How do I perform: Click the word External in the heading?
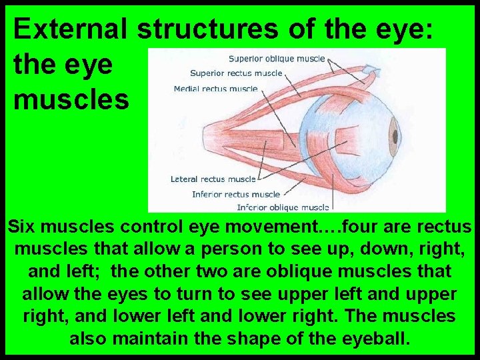click(x=71, y=29)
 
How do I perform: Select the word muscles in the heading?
click(x=71, y=99)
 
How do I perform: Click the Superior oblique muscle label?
click(x=277, y=59)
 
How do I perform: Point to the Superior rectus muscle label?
click(x=236, y=73)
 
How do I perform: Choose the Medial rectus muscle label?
click(x=215, y=89)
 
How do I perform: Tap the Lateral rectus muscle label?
click(x=213, y=179)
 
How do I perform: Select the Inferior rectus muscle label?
click(x=236, y=194)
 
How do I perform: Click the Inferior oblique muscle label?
click(x=283, y=207)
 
